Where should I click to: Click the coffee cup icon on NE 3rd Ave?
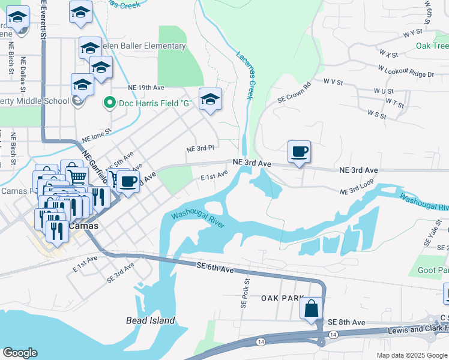click(299, 151)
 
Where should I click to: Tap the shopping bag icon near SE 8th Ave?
click(311, 308)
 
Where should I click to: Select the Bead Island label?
click(151, 320)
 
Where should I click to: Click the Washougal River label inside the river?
click(197, 220)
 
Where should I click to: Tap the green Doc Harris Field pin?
click(109, 103)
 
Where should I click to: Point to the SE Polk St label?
click(245, 293)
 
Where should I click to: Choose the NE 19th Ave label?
click(146, 87)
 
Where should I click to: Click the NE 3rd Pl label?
click(200, 148)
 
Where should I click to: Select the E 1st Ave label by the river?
click(214, 175)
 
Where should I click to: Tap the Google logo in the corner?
click(19, 353)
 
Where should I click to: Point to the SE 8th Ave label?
click(346, 322)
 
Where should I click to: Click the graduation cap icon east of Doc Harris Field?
click(210, 100)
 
